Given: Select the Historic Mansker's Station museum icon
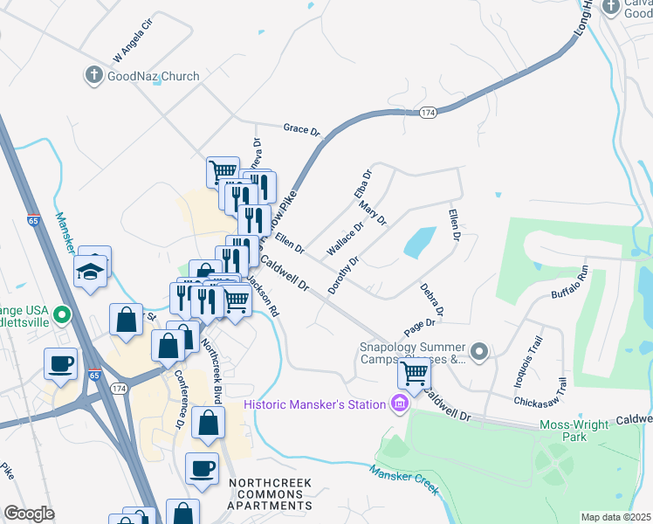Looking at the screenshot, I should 400,403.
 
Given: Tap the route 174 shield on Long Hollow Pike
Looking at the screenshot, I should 428,113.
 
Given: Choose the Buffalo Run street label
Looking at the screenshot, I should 570,282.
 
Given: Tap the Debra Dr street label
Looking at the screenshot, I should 432,299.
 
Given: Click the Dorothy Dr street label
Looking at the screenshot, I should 343,274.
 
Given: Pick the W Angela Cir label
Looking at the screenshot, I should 133,41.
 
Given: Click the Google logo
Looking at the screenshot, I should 29,514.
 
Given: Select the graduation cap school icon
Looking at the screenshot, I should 90,272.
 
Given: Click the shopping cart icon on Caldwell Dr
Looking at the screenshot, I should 414,373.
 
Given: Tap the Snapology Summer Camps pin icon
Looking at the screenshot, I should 478,352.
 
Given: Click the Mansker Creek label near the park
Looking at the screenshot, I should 402,480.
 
